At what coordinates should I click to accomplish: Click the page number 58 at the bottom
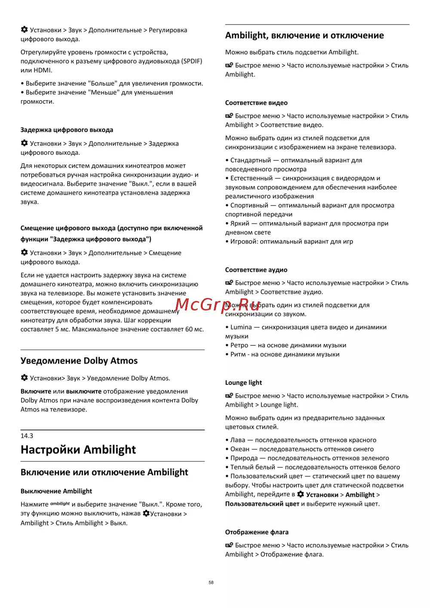(211, 583)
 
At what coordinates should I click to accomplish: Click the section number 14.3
(27, 436)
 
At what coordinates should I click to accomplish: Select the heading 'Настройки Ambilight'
(78, 450)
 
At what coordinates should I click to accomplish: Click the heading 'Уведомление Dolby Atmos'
(79, 361)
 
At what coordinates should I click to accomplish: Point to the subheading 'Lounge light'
(243, 383)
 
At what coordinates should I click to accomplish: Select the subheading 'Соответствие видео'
(256, 103)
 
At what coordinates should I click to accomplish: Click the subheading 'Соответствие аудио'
(256, 270)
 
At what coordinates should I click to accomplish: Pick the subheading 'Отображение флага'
(257, 532)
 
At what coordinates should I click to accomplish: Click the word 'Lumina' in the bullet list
(241, 327)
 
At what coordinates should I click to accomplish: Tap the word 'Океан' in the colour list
(240, 449)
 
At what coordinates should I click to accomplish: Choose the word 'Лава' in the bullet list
(237, 440)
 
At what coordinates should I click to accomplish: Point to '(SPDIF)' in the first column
(192, 61)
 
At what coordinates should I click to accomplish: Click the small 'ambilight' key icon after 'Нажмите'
(60, 504)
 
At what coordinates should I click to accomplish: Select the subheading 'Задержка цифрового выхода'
(67, 130)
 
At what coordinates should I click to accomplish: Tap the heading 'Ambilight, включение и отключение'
(304, 36)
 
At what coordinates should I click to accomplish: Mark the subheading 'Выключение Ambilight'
(56, 491)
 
